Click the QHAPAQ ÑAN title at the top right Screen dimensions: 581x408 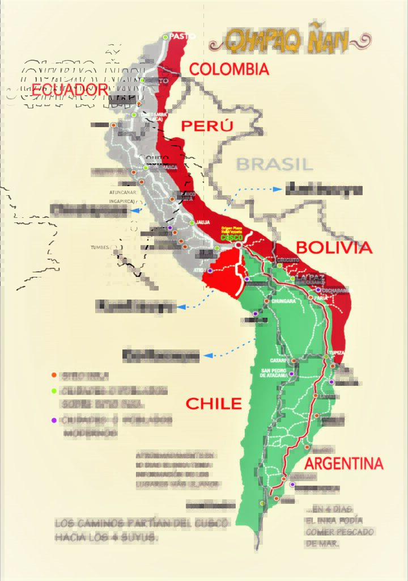[x=289, y=40]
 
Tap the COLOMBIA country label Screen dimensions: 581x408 [x=229, y=70]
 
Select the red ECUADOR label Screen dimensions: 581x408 [x=69, y=89]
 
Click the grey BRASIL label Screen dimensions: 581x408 [x=274, y=164]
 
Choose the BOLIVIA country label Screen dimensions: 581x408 [x=334, y=247]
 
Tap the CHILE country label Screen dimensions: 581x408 [x=214, y=404]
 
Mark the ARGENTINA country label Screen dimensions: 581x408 [x=348, y=463]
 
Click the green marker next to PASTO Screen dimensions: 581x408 [x=165, y=37]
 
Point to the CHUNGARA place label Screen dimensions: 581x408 [x=284, y=301]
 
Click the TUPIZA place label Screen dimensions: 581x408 [x=337, y=352]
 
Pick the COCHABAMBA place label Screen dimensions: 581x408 [x=338, y=290]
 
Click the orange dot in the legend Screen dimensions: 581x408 [x=54, y=375]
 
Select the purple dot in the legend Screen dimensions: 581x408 [x=54, y=420]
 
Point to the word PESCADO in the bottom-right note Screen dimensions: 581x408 [x=355, y=532]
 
